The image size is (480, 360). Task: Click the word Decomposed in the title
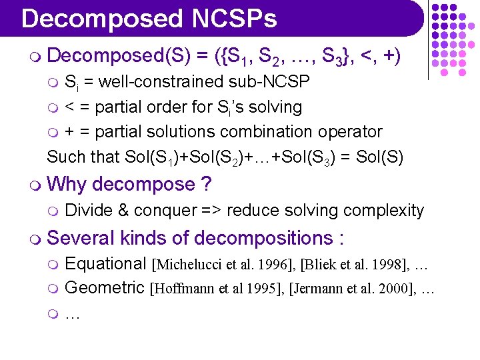click(101, 19)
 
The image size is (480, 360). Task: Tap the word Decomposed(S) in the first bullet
click(117, 57)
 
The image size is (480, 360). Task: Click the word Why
click(67, 183)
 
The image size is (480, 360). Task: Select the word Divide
click(89, 211)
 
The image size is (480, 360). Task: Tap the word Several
click(85, 238)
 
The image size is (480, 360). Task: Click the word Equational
click(105, 264)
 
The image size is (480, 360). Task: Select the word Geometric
click(105, 288)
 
